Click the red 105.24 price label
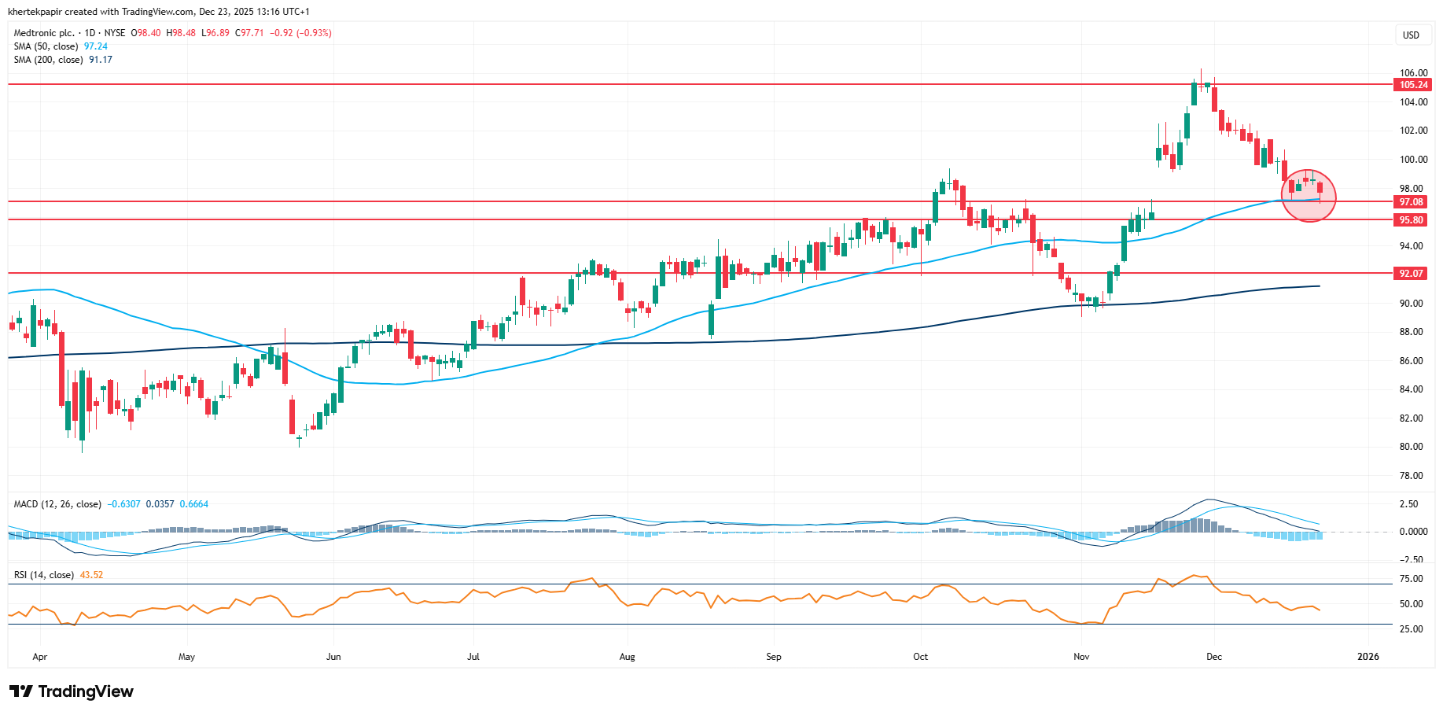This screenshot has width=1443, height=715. (x=1412, y=85)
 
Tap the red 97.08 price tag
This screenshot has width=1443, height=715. (x=1412, y=202)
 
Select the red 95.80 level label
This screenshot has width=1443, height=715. (x=1412, y=220)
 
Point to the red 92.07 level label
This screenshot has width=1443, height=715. (x=1412, y=274)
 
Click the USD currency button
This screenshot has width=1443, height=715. (x=1412, y=35)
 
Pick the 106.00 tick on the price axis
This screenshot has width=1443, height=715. (x=1413, y=73)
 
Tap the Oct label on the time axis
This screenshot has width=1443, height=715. (x=920, y=657)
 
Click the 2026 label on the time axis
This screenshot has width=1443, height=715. (x=1368, y=657)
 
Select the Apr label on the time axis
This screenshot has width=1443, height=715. (x=40, y=657)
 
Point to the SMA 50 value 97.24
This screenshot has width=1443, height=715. (x=96, y=46)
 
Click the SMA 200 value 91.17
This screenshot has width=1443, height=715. (x=101, y=60)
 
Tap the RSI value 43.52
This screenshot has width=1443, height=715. (x=91, y=575)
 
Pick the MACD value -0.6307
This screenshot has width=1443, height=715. (x=123, y=504)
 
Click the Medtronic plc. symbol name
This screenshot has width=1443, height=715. (x=44, y=33)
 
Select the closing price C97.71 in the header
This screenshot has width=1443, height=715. (x=252, y=33)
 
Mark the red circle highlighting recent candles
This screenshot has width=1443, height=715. (x=1309, y=196)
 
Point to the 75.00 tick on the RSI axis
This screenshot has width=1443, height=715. (x=1412, y=579)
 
